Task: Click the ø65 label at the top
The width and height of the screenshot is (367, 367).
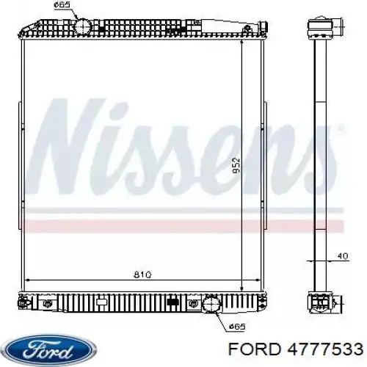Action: click(x=64, y=6)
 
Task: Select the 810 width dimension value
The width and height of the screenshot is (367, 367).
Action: click(x=144, y=275)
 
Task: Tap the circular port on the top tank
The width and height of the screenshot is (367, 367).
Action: click(x=83, y=26)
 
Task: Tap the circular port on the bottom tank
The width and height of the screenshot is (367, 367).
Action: click(x=211, y=302)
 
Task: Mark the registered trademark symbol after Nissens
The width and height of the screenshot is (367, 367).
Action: click(x=338, y=129)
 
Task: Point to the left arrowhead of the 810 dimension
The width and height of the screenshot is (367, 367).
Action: click(x=28, y=280)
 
